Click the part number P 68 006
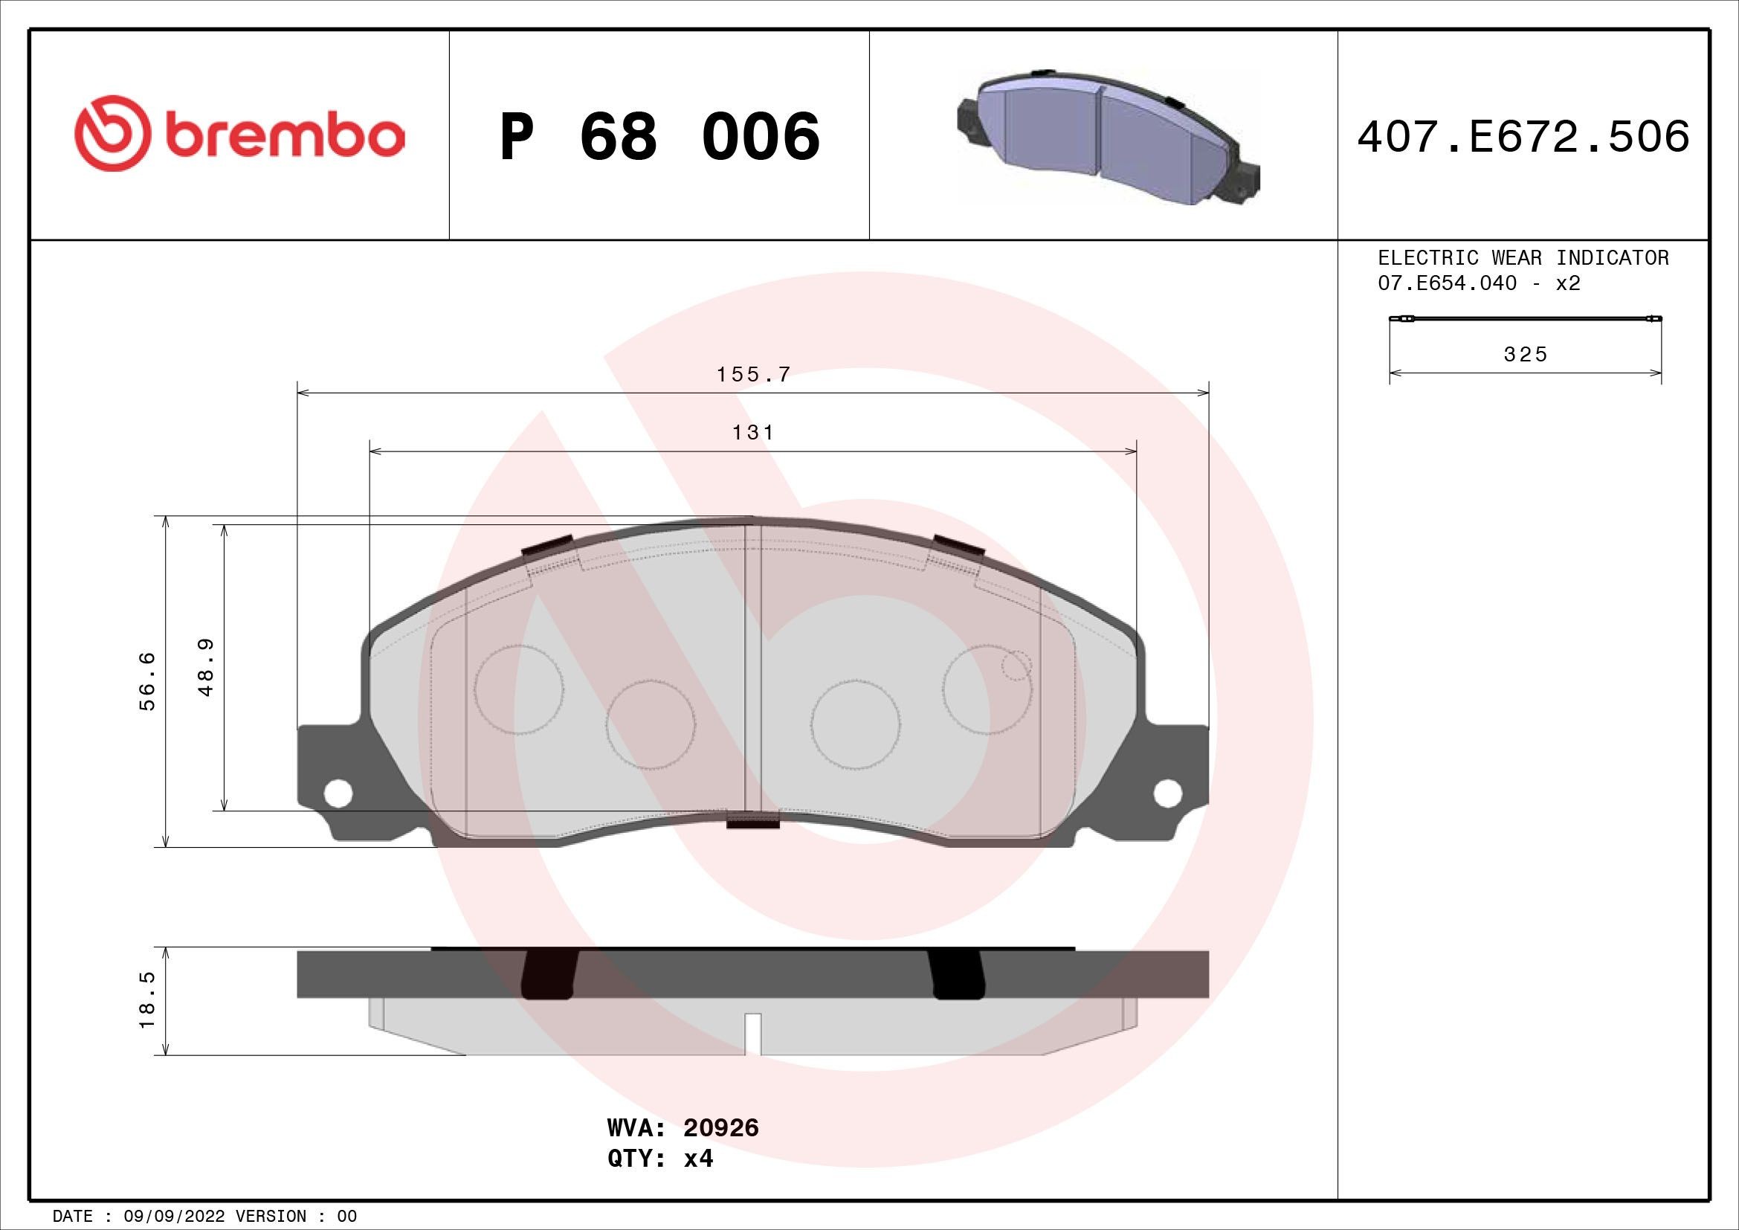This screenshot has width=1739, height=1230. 659,137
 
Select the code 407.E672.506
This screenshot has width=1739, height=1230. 1523,137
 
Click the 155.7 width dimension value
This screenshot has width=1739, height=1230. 753,374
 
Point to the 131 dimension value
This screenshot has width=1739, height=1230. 753,433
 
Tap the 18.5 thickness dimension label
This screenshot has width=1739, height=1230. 147,999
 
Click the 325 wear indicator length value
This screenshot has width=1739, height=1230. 1526,355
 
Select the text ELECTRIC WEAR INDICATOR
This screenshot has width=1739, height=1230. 1523,257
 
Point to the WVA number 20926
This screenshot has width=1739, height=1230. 720,1149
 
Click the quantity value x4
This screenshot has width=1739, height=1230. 698,1180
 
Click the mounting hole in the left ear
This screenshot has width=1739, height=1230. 338,793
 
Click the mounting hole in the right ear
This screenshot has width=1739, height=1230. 1167,792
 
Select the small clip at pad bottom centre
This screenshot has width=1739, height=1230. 753,820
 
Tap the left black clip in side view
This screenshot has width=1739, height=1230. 550,973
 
